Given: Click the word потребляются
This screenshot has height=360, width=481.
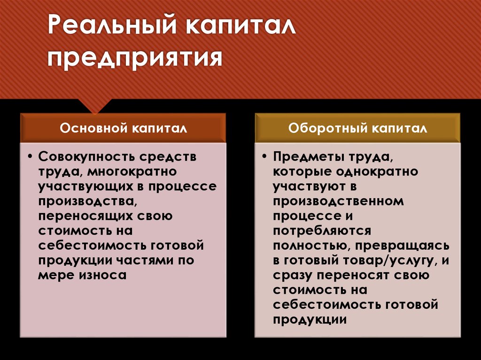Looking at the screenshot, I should coord(322,231).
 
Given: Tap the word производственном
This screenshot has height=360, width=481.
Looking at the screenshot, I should coord(338,201).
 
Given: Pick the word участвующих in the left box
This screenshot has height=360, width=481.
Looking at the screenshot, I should coord(92,187).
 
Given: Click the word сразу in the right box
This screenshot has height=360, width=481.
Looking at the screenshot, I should coord(293,275).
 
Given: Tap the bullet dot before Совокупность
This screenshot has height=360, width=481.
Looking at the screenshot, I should coord(30,157).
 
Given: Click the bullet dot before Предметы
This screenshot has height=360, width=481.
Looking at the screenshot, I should coord(264,157).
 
